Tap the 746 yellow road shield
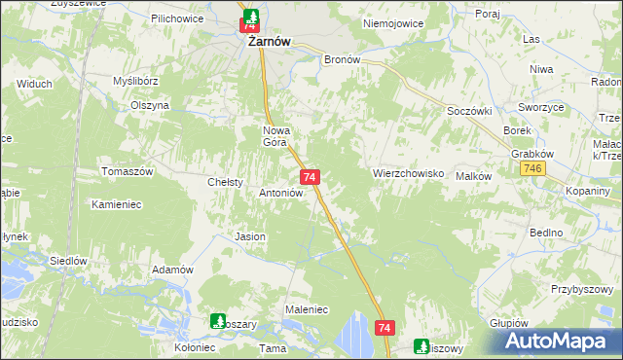[x=532, y=169]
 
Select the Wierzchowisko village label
[x=409, y=173]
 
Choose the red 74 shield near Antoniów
[x=310, y=177]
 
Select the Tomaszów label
[x=128, y=171]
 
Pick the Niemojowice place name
[x=389, y=21]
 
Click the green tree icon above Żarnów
[x=251, y=17]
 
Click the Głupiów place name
[x=507, y=323]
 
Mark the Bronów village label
[x=343, y=58]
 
